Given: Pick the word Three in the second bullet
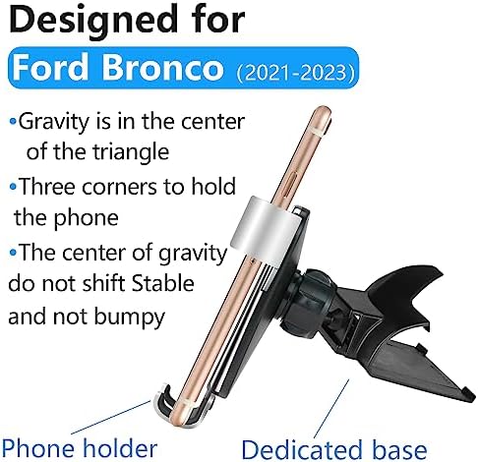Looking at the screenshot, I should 47,187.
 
